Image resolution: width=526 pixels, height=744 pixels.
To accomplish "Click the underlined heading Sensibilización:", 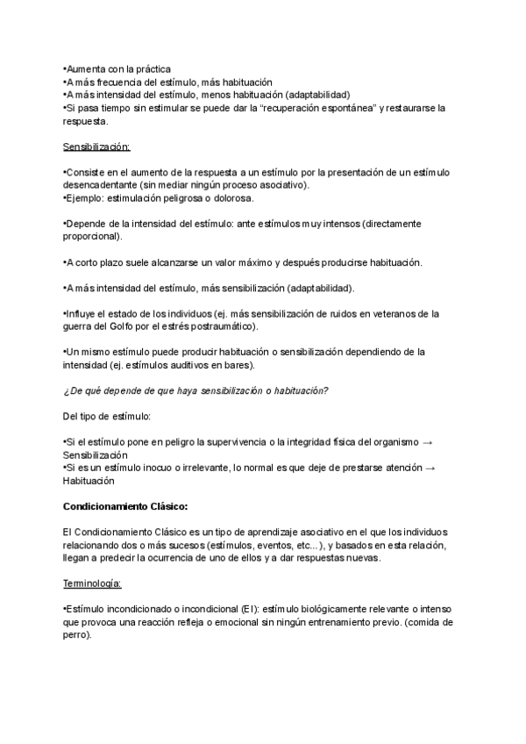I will coord(96,147).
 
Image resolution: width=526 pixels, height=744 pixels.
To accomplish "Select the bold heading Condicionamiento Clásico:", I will coord(125,506).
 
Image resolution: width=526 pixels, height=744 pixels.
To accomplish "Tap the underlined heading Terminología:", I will coord(93,583).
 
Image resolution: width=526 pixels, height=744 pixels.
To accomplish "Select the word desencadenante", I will coord(97,185).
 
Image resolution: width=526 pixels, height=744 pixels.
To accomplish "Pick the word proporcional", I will coord(92,237).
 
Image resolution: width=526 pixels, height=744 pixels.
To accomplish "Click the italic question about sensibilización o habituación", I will coord(195,391).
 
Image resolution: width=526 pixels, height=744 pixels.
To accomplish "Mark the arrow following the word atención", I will coord(429,468).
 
